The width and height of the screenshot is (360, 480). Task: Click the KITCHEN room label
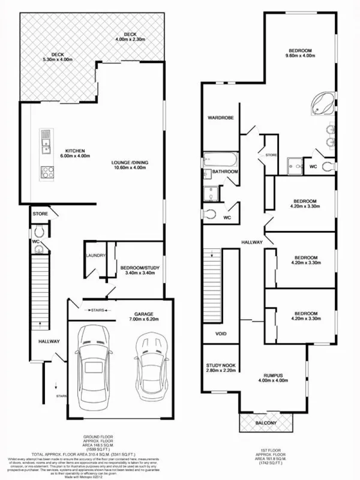click(75, 150)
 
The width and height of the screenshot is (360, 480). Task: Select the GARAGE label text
click(143, 314)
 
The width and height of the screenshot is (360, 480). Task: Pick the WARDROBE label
click(220, 118)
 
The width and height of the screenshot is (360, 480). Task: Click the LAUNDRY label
click(96, 256)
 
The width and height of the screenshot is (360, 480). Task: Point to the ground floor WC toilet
click(38, 230)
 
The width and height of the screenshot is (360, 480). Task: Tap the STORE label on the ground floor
click(40, 213)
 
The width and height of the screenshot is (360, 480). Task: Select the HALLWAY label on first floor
click(252, 242)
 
